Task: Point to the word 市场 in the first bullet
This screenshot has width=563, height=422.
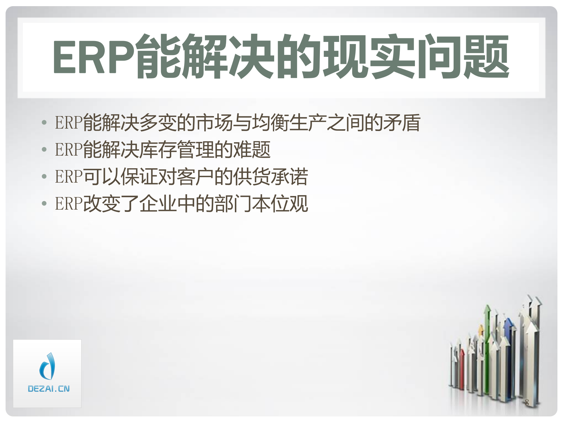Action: [215, 122]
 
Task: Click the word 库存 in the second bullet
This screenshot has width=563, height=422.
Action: [158, 149]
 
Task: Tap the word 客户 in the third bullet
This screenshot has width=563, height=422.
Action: [196, 176]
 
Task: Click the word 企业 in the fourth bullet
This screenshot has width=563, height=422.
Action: [158, 203]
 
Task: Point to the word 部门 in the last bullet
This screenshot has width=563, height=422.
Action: [233, 203]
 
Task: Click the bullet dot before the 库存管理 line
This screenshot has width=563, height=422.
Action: [44, 149]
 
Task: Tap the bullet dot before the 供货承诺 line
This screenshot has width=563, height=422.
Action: [44, 176]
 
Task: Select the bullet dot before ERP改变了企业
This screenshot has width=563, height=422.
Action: [44, 203]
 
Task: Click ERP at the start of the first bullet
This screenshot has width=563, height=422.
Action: [69, 122]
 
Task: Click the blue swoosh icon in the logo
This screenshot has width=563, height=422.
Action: [48, 366]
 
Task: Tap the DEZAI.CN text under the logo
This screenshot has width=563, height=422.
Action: [49, 389]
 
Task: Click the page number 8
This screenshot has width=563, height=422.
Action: [527, 402]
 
